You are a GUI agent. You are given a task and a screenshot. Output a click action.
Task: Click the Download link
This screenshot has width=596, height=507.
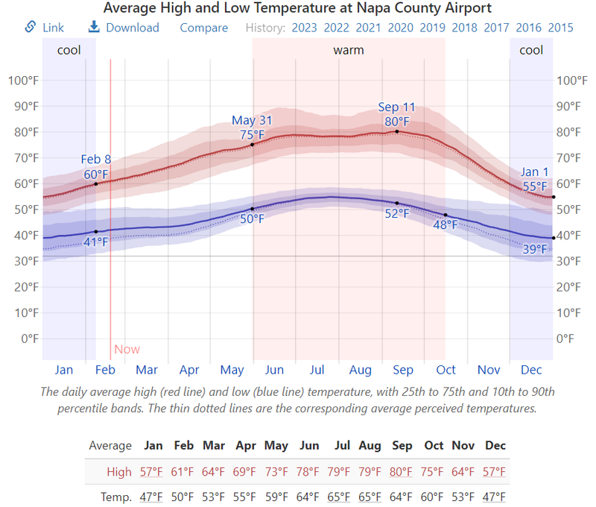coord(124,28)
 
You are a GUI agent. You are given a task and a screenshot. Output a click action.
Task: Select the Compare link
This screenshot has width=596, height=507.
coord(203,28)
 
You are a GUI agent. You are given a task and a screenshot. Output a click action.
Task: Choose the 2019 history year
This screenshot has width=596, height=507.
coord(433,28)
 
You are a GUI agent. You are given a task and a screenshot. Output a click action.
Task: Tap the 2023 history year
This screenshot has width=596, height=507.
coord(304,28)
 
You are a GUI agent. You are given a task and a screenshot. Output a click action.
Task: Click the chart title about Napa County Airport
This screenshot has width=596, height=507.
coord(297,8)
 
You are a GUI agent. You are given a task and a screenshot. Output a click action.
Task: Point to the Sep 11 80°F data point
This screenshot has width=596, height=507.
coord(397,131)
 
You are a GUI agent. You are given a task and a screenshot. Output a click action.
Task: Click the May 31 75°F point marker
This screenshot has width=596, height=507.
coord(253,144)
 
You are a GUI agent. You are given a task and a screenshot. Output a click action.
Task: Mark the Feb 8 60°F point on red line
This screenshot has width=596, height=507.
coord(96,183)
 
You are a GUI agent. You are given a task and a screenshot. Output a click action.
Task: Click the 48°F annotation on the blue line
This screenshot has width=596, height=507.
coord(446,224)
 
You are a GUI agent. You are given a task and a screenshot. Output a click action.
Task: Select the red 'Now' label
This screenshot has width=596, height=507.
coord(127,349)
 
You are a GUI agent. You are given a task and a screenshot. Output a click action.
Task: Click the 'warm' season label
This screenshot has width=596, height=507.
coord(348,50)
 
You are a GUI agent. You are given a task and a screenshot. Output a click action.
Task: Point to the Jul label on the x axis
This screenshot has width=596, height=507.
coord(317,370)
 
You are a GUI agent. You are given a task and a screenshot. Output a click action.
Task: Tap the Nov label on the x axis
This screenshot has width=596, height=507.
coord(489,370)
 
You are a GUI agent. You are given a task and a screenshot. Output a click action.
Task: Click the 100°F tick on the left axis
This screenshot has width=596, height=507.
coord(22,81)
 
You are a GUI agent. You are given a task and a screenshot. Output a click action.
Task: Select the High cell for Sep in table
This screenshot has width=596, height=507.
coord(402,471)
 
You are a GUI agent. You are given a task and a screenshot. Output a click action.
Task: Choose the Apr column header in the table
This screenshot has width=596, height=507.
coord(246,446)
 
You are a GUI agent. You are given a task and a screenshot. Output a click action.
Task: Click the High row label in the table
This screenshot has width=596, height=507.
coord(119,471)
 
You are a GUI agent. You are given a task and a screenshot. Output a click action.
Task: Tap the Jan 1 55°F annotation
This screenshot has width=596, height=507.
coord(534,179)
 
